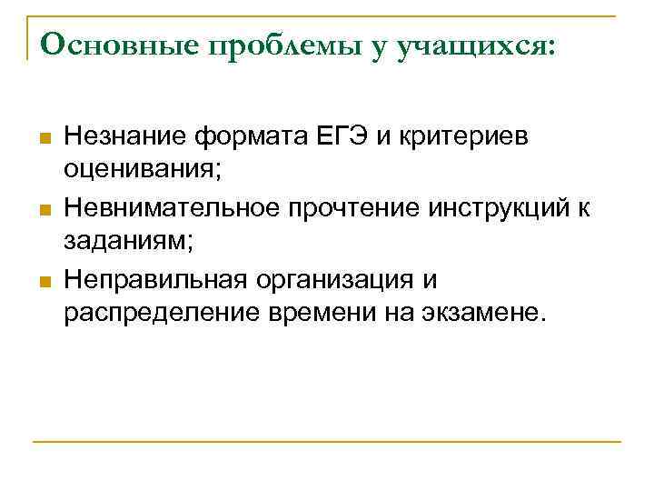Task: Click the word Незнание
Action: point(124,137)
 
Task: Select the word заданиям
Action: point(122,241)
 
